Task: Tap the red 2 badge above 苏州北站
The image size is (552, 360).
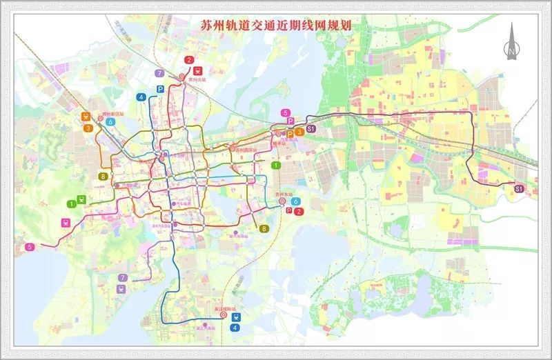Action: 188,60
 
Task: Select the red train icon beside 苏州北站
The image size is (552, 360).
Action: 198,70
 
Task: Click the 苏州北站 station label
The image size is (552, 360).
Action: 198,80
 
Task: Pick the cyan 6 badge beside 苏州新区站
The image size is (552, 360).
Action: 110,122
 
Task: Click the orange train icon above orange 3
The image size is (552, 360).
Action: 87,117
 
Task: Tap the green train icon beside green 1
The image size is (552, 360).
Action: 82,200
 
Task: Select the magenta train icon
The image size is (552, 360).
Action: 66,223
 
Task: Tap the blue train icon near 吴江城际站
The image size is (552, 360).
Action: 236,317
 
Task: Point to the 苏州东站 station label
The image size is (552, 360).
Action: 284,194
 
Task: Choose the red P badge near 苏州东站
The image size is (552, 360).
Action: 289,211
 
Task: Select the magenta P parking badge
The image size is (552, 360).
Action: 290,121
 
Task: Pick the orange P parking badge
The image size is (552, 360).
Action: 290,133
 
